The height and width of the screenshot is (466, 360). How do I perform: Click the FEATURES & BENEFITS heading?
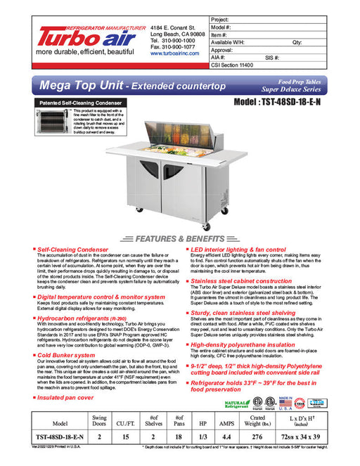(180, 238)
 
